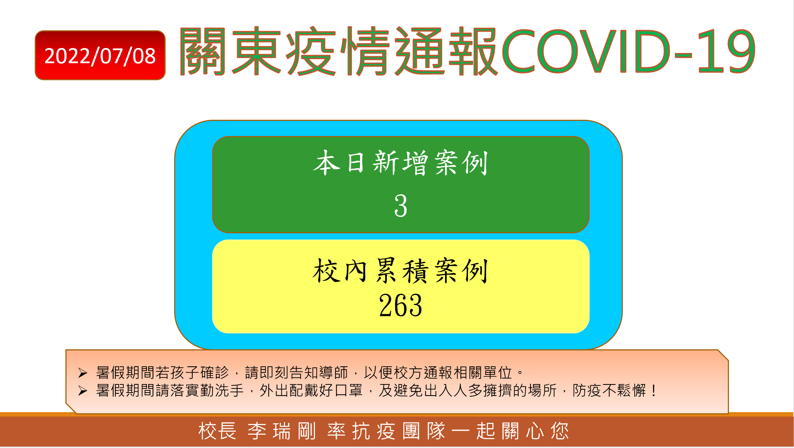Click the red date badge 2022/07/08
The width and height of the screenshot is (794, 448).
coord(100,55)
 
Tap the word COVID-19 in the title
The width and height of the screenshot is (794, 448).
coord(628,51)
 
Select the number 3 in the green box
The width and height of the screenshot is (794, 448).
coord(401,206)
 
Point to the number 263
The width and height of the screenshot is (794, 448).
coord(401,305)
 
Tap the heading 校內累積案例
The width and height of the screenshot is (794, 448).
coord(401,271)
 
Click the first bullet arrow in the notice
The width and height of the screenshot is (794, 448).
coord(83,373)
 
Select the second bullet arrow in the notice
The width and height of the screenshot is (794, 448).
coord(83,391)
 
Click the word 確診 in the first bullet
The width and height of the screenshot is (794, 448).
coord(215,373)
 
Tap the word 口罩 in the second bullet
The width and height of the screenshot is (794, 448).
coord(349,390)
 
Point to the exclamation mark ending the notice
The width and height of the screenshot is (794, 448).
coord(654,390)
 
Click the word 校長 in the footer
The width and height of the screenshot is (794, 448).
coord(217,431)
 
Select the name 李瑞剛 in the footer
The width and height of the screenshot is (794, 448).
coord(282,431)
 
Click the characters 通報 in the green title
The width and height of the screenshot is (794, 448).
coord(446,51)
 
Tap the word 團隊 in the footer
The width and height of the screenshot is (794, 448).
coord(424,431)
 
